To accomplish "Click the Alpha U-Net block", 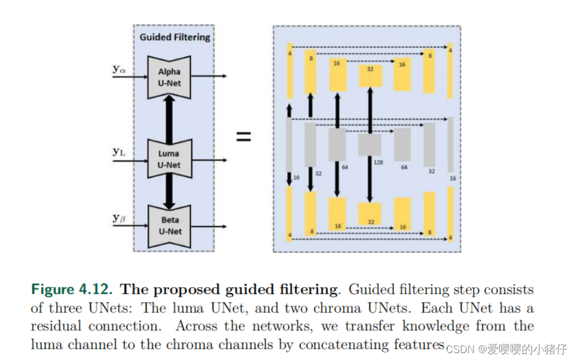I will (169, 77).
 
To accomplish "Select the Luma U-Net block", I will (169, 159).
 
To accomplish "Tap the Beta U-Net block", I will (169, 226).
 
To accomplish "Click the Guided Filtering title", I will (175, 37).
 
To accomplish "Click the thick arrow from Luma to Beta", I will (170, 190).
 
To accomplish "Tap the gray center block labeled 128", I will (370, 145).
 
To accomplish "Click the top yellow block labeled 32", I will (370, 76).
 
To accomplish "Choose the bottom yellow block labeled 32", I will (370, 214).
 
